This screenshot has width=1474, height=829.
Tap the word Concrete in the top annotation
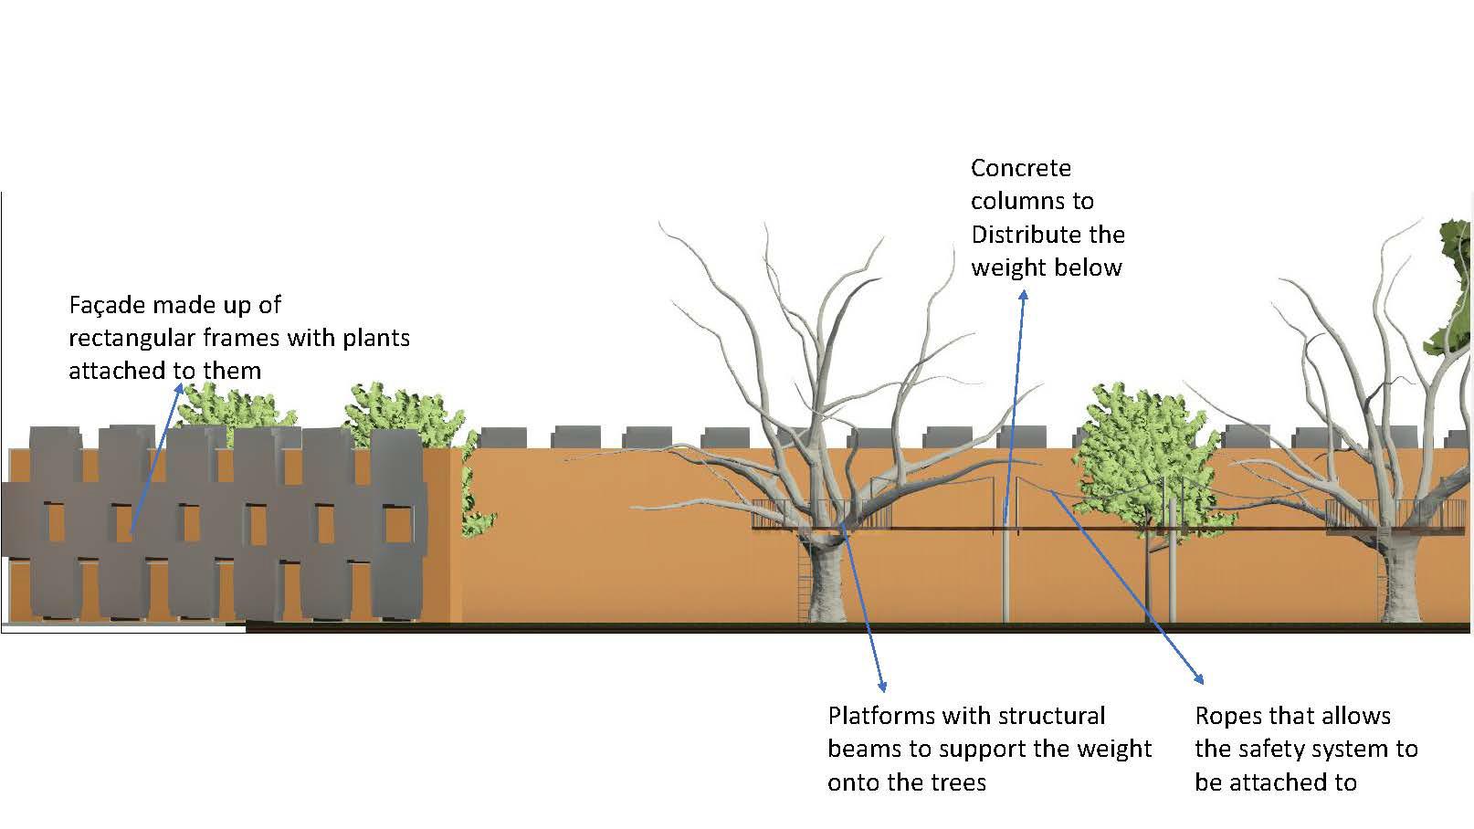click(1020, 168)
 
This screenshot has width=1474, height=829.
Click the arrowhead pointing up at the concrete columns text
click(1024, 296)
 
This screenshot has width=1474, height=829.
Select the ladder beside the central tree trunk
click(803, 575)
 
